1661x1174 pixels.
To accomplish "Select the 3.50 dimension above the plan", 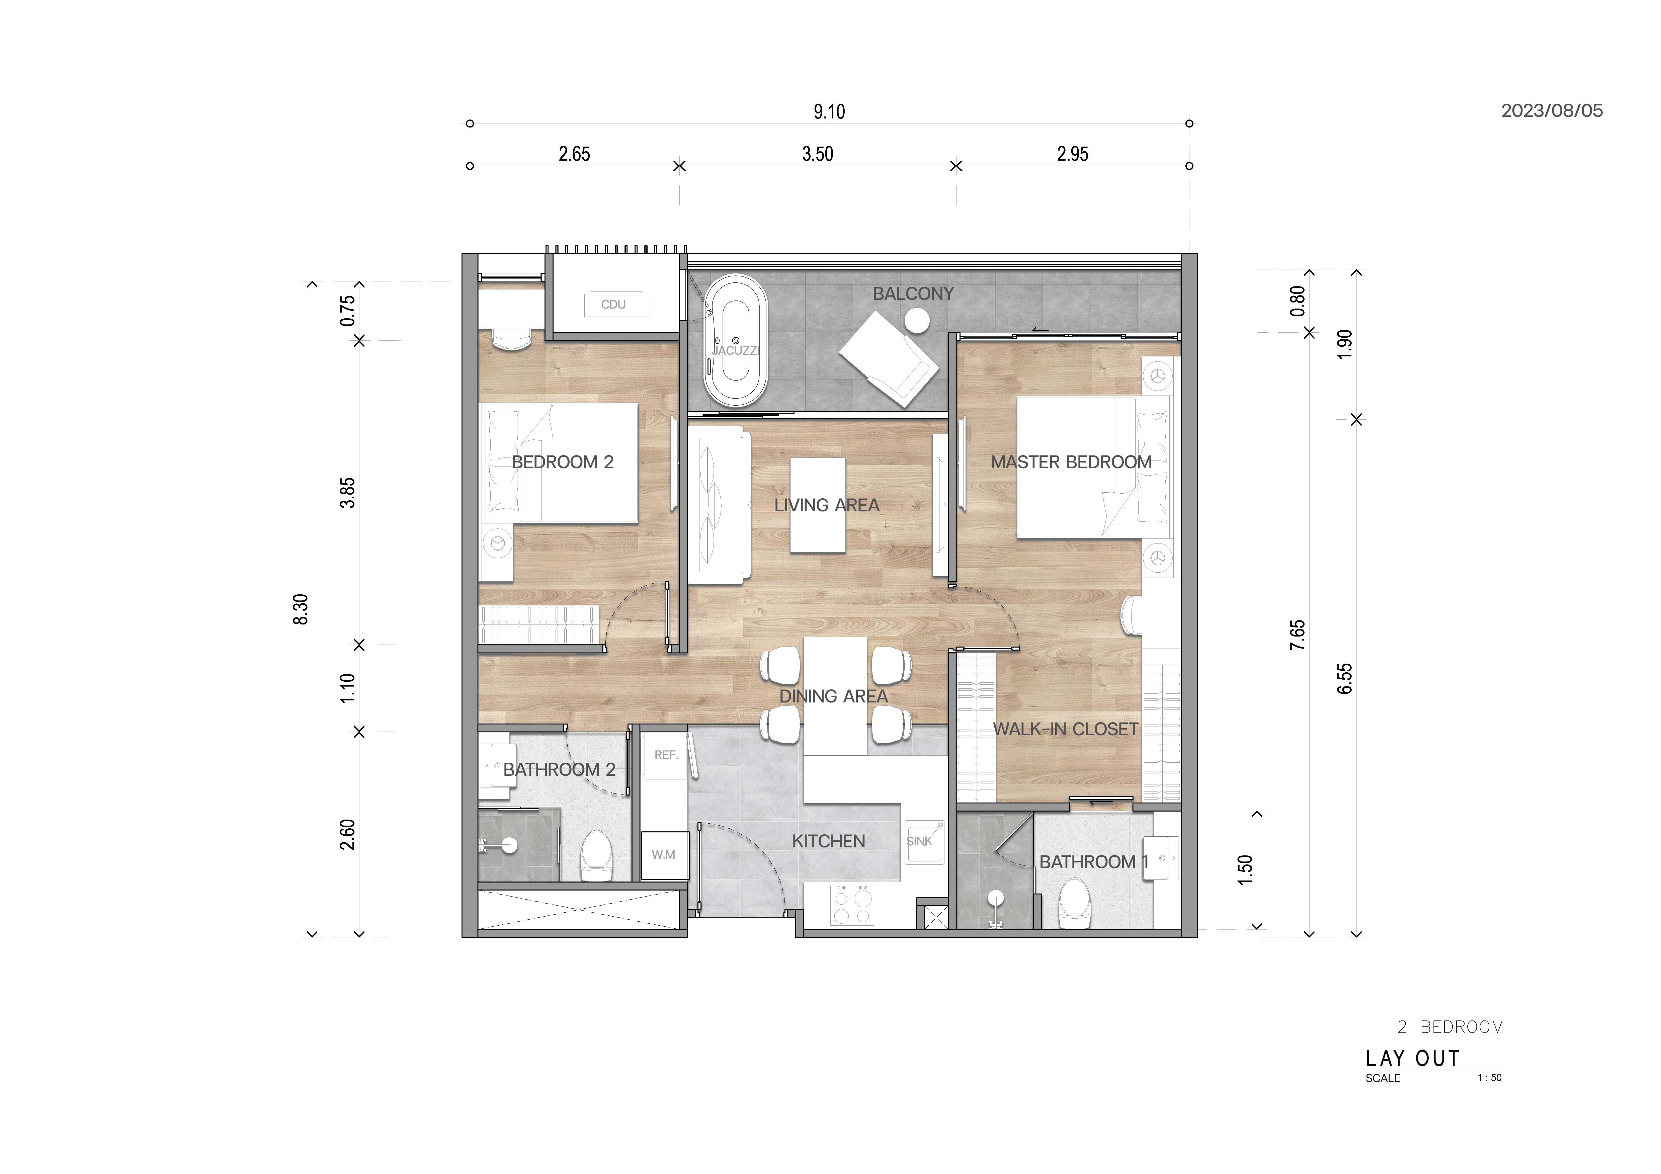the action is pyautogui.click(x=818, y=154).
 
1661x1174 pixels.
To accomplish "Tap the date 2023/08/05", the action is pyautogui.click(x=1552, y=111).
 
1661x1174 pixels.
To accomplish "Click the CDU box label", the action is pyautogui.click(x=613, y=305).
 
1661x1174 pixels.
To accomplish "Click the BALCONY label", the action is pyautogui.click(x=913, y=294).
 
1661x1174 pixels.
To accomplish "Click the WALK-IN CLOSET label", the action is pyautogui.click(x=1066, y=729).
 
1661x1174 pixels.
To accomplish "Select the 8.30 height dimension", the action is pyautogui.click(x=301, y=609).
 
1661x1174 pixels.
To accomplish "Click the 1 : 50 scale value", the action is pyautogui.click(x=1490, y=1078).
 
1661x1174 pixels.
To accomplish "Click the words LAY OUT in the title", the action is pyautogui.click(x=1413, y=1059).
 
